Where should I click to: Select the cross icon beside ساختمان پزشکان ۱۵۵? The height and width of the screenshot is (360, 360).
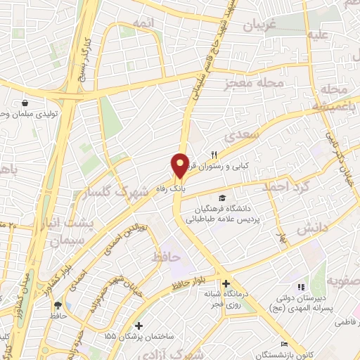139,326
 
